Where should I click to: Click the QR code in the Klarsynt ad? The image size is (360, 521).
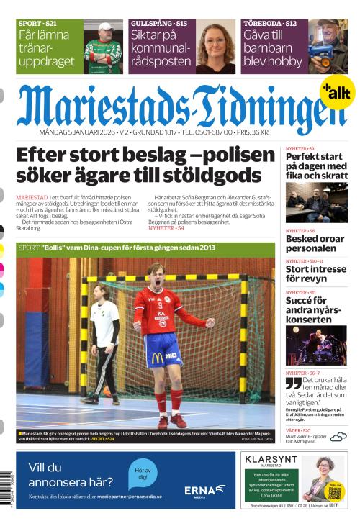pyautogui.click(x=333, y=491)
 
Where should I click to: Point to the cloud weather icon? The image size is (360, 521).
pyautogui.click(x=338, y=436)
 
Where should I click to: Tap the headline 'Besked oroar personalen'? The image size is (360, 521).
pyautogui.click(x=315, y=243)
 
